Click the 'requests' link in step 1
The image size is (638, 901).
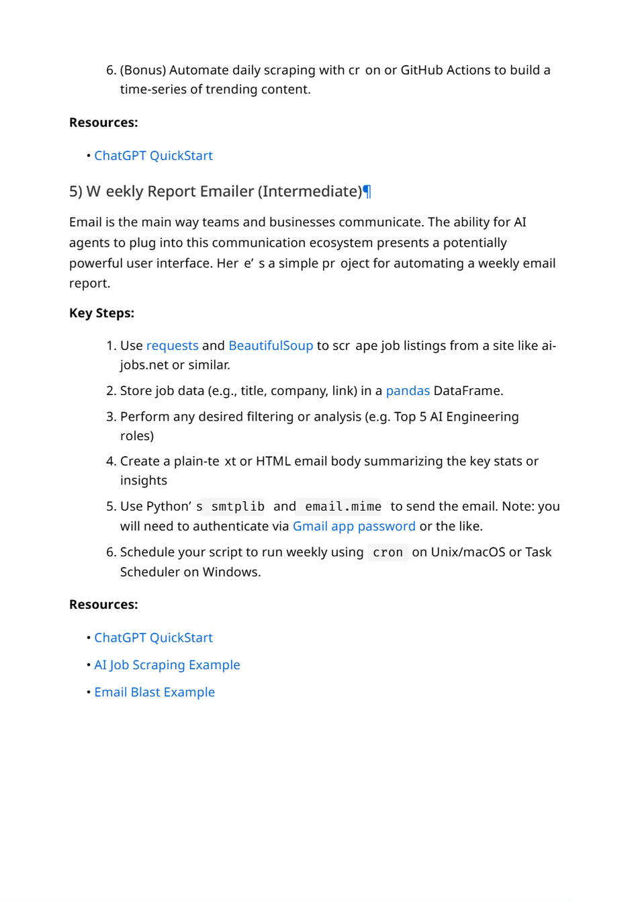point(172,345)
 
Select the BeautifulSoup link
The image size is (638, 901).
point(271,345)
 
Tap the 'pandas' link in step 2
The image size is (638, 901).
point(408,390)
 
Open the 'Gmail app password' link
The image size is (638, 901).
point(354,526)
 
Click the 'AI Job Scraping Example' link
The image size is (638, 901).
point(167,664)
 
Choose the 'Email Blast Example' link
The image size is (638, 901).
point(154,692)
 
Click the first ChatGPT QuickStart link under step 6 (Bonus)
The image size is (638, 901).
point(153,155)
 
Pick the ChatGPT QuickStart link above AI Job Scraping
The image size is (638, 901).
point(153,638)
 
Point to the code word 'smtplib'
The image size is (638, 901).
point(238,507)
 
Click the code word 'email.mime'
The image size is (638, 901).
point(343,507)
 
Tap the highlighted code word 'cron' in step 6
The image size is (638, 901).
point(388,552)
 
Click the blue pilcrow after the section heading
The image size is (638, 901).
point(367,191)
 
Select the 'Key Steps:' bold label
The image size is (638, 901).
point(101,313)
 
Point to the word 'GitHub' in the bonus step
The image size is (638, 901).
point(423,70)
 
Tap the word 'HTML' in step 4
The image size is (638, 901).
point(273,461)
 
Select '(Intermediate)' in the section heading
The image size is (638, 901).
point(312,191)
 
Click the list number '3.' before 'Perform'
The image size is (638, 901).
point(111,417)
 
